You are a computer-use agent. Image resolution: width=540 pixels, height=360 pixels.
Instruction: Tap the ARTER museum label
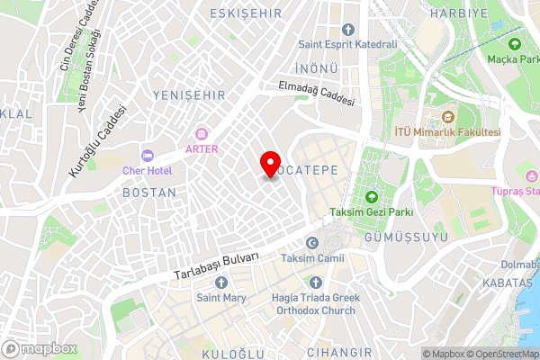click(202, 148)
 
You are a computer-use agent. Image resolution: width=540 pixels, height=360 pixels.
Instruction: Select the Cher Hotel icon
click(148, 156)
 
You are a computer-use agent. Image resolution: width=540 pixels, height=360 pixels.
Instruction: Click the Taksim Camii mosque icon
click(312, 243)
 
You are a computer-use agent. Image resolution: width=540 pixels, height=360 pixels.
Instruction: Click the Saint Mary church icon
click(221, 283)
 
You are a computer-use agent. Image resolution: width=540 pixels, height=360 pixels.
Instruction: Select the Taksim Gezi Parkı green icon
click(371, 197)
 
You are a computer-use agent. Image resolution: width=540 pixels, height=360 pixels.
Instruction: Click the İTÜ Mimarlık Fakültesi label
click(447, 131)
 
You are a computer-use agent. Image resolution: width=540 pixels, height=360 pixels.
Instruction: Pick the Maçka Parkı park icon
click(515, 44)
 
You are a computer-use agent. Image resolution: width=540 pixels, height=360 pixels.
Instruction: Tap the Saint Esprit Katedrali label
click(347, 44)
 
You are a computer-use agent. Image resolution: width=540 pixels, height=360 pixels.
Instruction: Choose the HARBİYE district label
click(459, 13)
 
